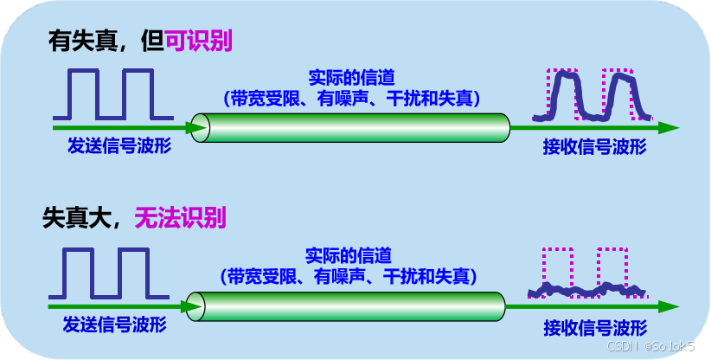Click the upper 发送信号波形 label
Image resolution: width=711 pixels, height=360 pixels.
(119, 145)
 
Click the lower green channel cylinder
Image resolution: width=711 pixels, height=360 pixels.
(346, 306)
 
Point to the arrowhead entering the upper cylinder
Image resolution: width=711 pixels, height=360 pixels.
(197, 127)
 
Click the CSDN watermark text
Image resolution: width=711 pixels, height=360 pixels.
(657, 347)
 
